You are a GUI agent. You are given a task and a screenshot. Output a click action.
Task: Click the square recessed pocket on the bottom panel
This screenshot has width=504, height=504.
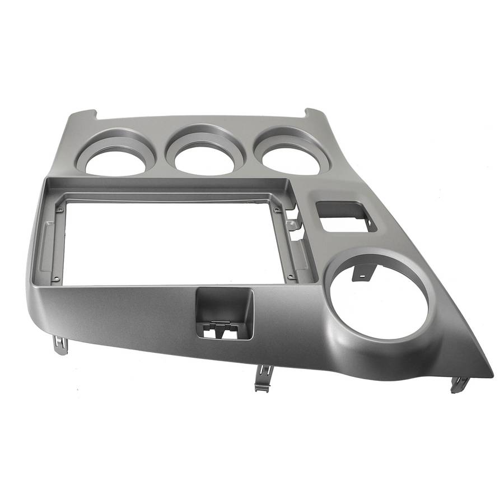[224, 316]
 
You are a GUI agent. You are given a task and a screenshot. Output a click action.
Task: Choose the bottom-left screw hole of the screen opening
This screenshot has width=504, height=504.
[56, 278]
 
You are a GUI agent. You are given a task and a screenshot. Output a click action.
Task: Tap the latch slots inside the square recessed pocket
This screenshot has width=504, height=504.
[218, 330]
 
